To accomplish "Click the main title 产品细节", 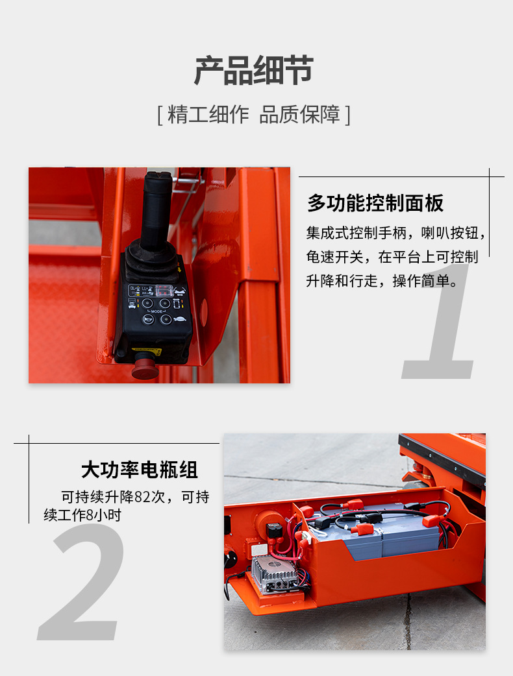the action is click(x=254, y=71).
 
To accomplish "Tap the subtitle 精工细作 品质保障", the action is click(x=254, y=114).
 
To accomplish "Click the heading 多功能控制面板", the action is click(x=375, y=203).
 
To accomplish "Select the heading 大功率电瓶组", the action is click(x=140, y=470).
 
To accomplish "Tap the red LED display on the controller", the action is click(x=164, y=290).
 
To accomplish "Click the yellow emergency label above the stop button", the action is click(x=147, y=352).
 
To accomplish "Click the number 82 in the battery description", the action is click(x=142, y=497).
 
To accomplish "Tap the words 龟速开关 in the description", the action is click(x=334, y=257).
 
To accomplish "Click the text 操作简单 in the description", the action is click(x=421, y=281).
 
